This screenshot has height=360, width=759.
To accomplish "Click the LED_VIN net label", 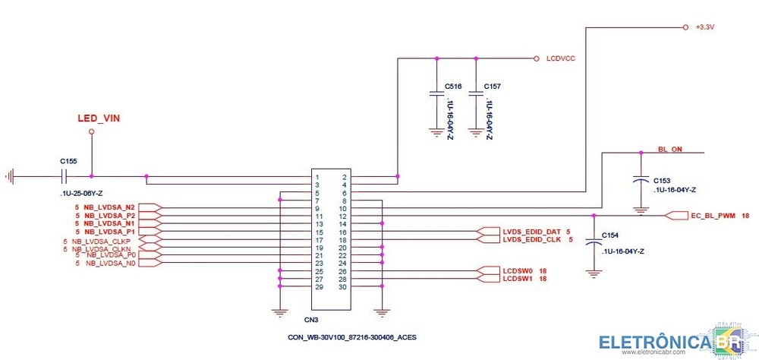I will click(99, 118).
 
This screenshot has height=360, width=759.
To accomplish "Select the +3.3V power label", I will click(705, 27).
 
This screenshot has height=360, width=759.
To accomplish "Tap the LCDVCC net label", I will click(560, 58).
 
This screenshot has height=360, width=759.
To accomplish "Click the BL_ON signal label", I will click(669, 150).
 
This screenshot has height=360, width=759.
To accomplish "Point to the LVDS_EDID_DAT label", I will click(531, 231).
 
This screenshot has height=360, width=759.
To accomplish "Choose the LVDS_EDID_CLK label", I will click(531, 239).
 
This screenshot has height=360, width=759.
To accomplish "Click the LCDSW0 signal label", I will click(519, 271).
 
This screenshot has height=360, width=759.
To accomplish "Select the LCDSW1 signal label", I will click(519, 279).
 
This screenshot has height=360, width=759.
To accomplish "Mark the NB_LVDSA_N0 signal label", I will click(111, 264).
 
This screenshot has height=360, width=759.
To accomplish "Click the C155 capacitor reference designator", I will click(68, 161).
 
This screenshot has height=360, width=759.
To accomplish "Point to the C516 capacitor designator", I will click(454, 87).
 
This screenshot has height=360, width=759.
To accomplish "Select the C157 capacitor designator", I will click(493, 87).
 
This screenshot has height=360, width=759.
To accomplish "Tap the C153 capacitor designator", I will click(662, 180).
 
